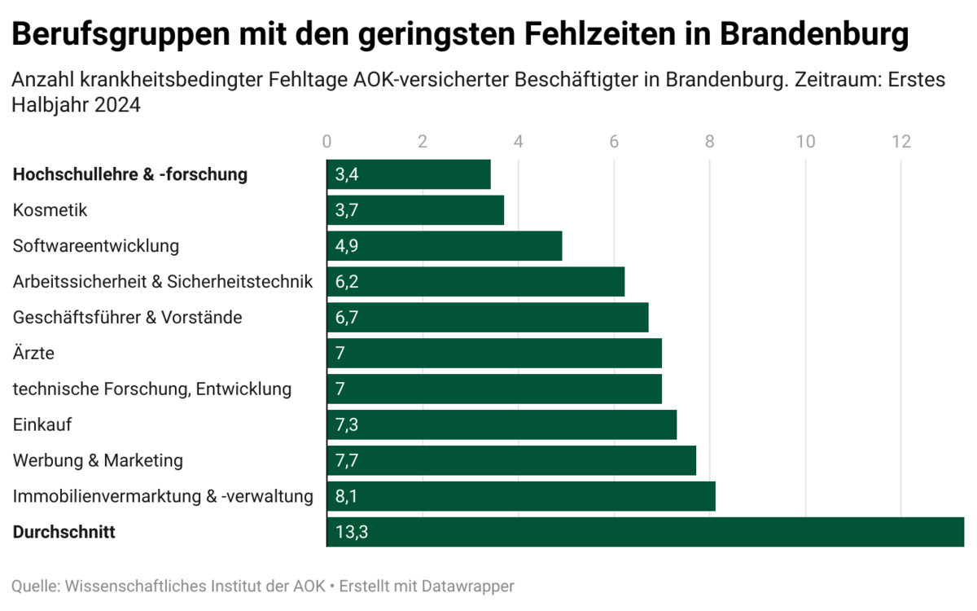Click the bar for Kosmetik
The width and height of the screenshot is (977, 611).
click(x=415, y=210)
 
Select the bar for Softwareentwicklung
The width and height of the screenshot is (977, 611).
click(x=445, y=246)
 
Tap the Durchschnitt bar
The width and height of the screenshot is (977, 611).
click(x=645, y=532)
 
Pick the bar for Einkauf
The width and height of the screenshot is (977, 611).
click(x=502, y=424)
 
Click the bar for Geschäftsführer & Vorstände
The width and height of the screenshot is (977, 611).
click(x=488, y=317)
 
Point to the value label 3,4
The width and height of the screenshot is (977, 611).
click(x=347, y=174)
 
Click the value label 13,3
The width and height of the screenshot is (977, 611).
click(x=351, y=532)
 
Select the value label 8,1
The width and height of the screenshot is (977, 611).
click(x=347, y=496)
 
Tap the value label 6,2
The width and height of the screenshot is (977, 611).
click(x=347, y=282)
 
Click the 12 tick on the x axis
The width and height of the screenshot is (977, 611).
click(x=901, y=141)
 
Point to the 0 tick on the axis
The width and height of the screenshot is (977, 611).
click(x=327, y=141)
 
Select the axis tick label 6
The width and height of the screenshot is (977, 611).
click(x=614, y=141)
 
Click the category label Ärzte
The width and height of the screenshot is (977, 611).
click(x=34, y=353)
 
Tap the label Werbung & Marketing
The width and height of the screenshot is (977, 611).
click(x=98, y=460)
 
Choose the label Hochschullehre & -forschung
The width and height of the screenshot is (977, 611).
click(x=130, y=174)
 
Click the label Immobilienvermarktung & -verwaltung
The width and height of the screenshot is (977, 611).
click(x=163, y=496)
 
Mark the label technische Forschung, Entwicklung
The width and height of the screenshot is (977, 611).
click(x=152, y=389)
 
